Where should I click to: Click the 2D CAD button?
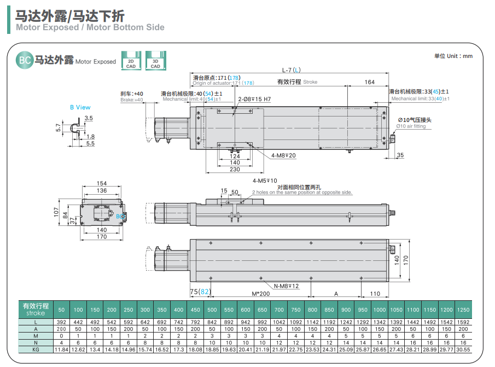pos(131,60)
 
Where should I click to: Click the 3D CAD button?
pos(155,60)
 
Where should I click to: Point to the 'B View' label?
pos(80,107)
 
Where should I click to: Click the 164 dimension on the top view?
pos(370,82)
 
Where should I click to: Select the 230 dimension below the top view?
pos(235,170)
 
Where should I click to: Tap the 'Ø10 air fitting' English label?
pos(411,126)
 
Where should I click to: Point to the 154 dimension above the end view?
pos(102,183)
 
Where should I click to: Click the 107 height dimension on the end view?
pos(56,212)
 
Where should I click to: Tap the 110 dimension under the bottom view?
pos(375,294)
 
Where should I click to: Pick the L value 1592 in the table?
pos(463,322)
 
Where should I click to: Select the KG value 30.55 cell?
pos(463,349)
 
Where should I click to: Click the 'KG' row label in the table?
pos(36,349)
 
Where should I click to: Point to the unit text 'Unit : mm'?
pos(453,56)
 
